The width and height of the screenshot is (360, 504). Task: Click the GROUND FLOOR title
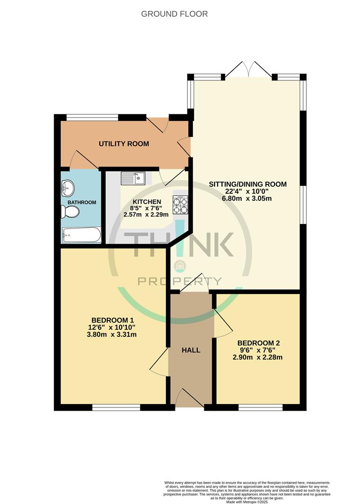pos(174,14)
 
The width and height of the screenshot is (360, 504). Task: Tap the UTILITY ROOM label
pos(124,144)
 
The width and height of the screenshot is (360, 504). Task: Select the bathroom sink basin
pos(68,188)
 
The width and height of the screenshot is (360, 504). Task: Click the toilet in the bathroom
pos(70,212)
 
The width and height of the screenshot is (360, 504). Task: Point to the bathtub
pos(82,235)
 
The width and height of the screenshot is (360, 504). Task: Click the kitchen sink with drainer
pos(133,178)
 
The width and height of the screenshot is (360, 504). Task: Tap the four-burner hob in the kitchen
pos(180,205)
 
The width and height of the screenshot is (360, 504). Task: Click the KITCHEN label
pos(147,202)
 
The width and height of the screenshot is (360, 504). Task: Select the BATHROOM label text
pos(82,203)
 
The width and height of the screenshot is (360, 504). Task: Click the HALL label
pos(191,350)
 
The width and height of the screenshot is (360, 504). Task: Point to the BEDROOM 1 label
pos(112,320)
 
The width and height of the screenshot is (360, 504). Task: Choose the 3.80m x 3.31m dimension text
pos(112,335)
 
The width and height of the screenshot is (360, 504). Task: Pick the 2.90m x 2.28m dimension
pos(257,357)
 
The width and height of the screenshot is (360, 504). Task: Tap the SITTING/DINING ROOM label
pos(248,184)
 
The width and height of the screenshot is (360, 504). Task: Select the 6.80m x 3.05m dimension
pos(248,198)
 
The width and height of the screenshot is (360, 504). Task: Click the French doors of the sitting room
pos(248,70)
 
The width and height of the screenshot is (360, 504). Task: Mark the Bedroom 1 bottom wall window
pos(116,407)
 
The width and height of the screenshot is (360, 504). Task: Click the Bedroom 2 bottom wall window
pos(261,407)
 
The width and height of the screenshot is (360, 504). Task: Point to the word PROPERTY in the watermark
pos(180,281)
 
